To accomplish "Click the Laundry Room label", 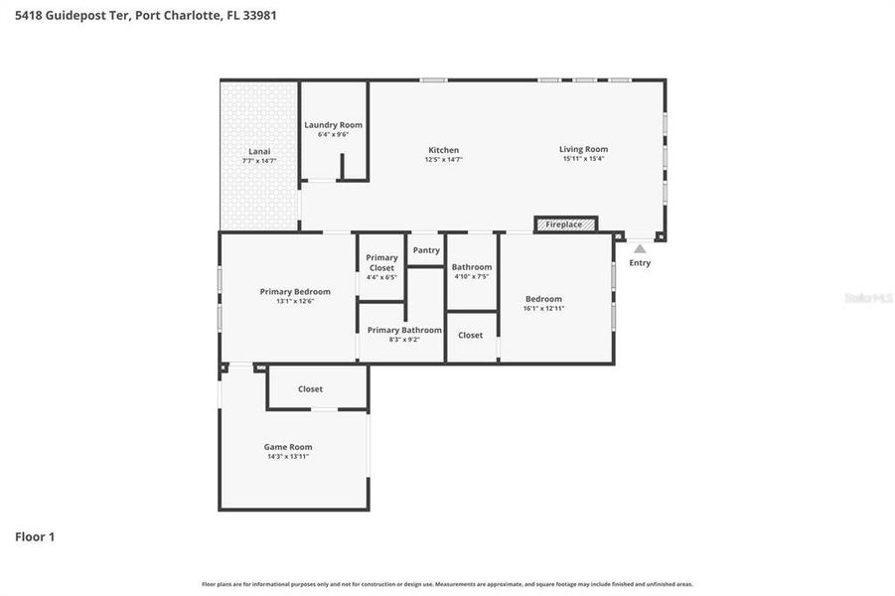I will (x=333, y=125).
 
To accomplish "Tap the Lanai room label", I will (x=258, y=151).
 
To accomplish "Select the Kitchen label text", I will (x=443, y=150).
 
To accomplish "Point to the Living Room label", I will (x=583, y=149).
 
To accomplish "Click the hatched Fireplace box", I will (x=565, y=224).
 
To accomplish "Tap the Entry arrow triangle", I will (x=640, y=249).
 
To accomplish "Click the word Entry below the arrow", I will (x=640, y=263).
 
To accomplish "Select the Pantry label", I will (x=426, y=250).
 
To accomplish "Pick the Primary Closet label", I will (x=381, y=262).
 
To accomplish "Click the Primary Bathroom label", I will (x=404, y=330).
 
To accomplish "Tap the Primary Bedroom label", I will (x=295, y=292).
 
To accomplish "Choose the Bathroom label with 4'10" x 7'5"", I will (x=472, y=267).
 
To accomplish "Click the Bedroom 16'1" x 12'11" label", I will (x=543, y=299).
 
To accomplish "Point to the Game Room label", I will (x=288, y=447).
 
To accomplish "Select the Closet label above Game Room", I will (x=310, y=389).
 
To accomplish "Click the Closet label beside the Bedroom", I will (x=471, y=335).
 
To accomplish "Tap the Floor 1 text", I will (x=35, y=536).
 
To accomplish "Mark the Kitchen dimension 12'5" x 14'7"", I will (x=443, y=159).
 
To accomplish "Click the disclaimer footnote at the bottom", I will (x=447, y=584).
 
